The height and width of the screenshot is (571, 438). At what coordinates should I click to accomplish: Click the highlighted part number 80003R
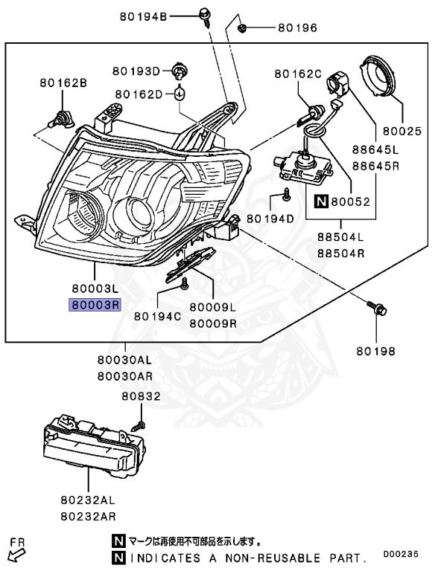(95, 305)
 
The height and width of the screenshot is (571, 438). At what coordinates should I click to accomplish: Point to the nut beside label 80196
(243, 28)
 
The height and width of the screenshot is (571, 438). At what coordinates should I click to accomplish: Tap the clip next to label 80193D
(179, 71)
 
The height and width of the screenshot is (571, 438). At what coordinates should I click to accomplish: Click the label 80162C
(297, 74)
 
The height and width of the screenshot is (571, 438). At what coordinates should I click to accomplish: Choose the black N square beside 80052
(320, 201)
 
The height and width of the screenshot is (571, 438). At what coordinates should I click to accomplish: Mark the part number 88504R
(340, 253)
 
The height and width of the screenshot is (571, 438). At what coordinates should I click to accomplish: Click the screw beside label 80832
(137, 426)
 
